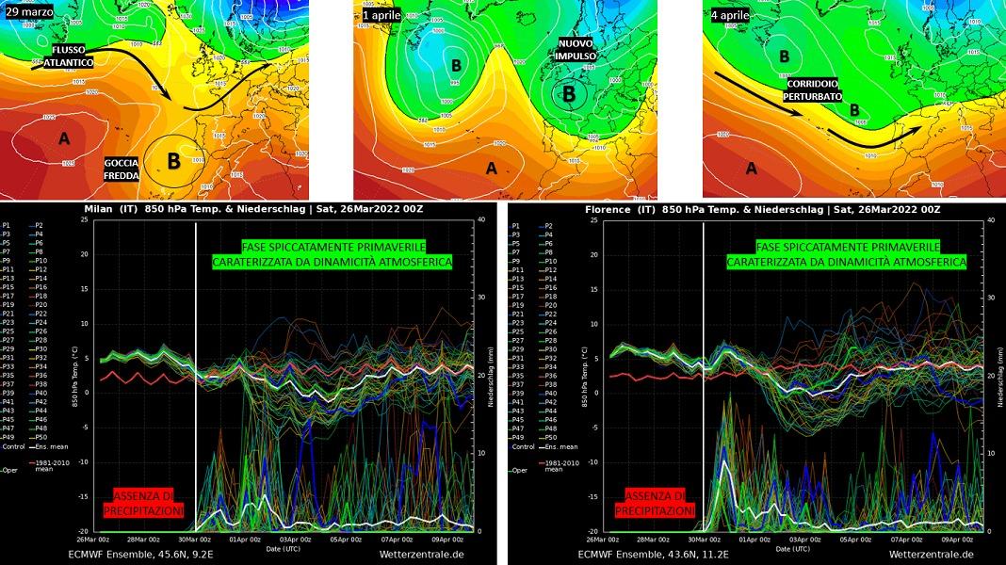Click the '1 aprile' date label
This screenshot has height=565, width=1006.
381,15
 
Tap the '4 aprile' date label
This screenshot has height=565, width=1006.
731,15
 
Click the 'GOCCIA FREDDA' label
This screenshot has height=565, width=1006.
122,169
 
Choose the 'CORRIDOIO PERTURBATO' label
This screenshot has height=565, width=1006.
814,90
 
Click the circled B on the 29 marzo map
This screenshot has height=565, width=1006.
173,160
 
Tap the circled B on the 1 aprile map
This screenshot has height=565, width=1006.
568,94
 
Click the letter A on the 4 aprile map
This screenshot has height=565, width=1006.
751,169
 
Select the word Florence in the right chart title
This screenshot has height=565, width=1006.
608,209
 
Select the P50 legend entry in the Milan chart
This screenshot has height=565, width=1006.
43,438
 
